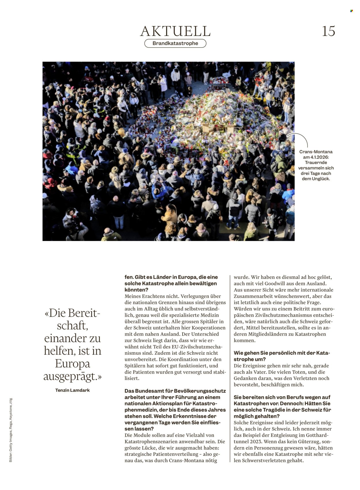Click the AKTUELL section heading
(x=175, y=31)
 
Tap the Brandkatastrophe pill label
(x=175, y=43)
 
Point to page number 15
(x=328, y=31)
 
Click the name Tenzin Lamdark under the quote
(x=72, y=390)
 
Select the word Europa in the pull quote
(x=72, y=364)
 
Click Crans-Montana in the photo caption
(x=316, y=152)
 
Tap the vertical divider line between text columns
(x=230, y=369)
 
